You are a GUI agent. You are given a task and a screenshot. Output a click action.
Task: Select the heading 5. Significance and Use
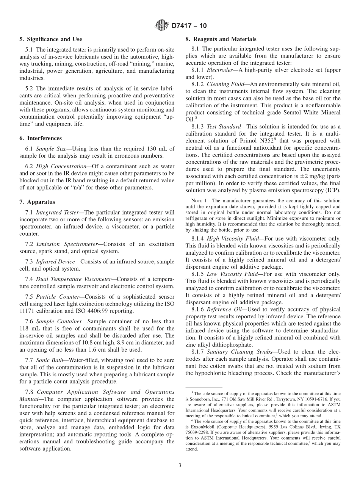50,39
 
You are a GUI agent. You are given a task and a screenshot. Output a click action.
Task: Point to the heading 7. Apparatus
37,202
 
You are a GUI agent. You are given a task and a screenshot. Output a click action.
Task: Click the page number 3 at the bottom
180,465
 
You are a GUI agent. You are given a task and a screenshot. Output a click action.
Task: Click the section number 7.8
30,392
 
